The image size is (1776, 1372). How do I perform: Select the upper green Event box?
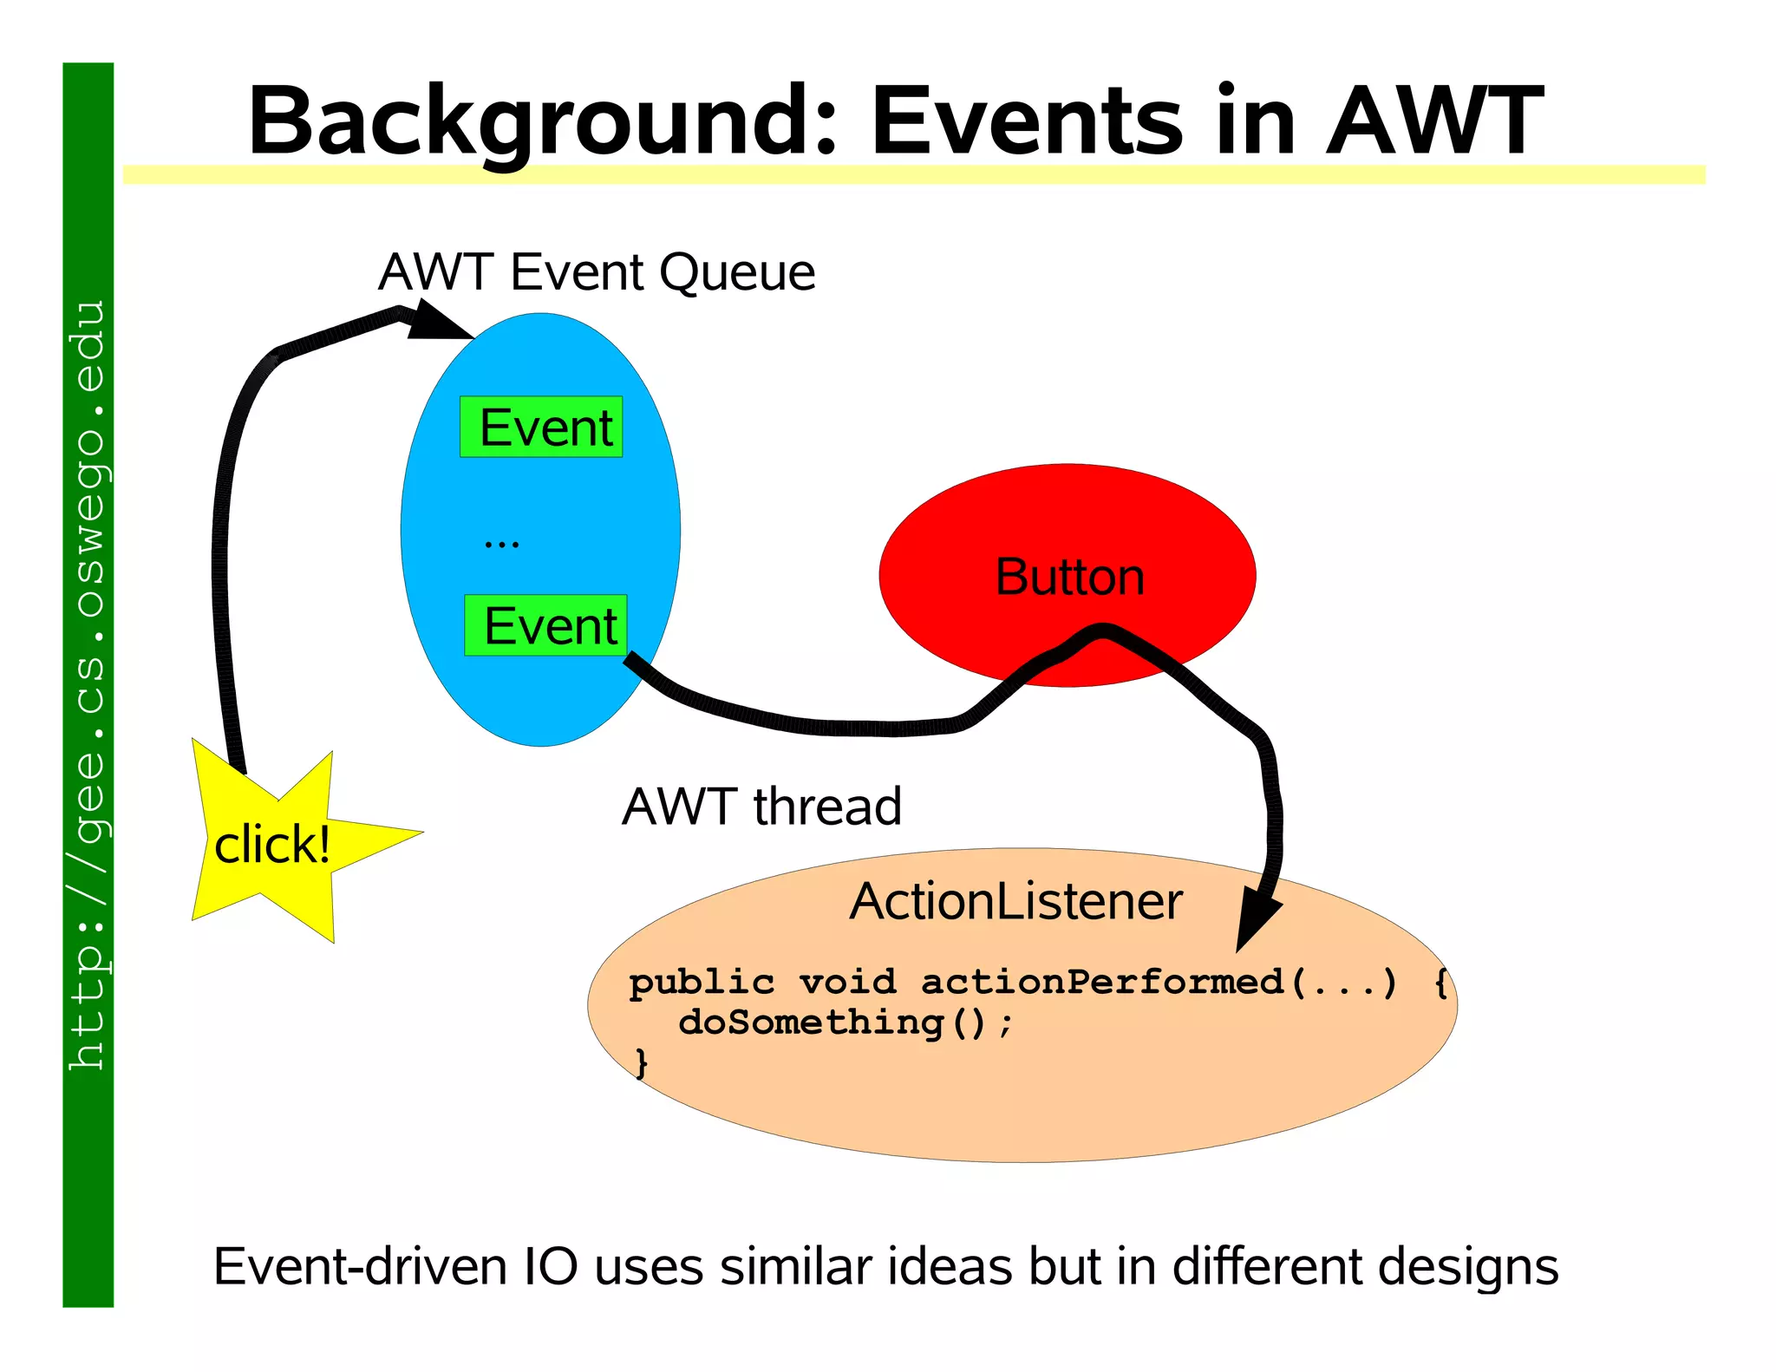click(542, 427)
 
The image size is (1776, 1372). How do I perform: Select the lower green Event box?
click(546, 625)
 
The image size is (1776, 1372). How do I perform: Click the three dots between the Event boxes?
click(502, 544)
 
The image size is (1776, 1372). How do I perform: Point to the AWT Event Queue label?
click(597, 272)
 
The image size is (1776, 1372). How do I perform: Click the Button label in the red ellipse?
click(1069, 577)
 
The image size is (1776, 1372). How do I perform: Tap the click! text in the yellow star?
click(272, 845)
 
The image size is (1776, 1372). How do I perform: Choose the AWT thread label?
click(761, 807)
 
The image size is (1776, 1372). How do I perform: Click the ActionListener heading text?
click(1015, 901)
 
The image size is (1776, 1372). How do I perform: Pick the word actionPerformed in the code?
click(1101, 982)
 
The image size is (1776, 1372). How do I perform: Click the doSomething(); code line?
click(846, 1022)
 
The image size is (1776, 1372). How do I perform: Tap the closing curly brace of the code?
click(642, 1062)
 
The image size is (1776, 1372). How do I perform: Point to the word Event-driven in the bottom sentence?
click(360, 1267)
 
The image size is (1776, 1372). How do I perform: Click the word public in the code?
click(701, 983)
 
